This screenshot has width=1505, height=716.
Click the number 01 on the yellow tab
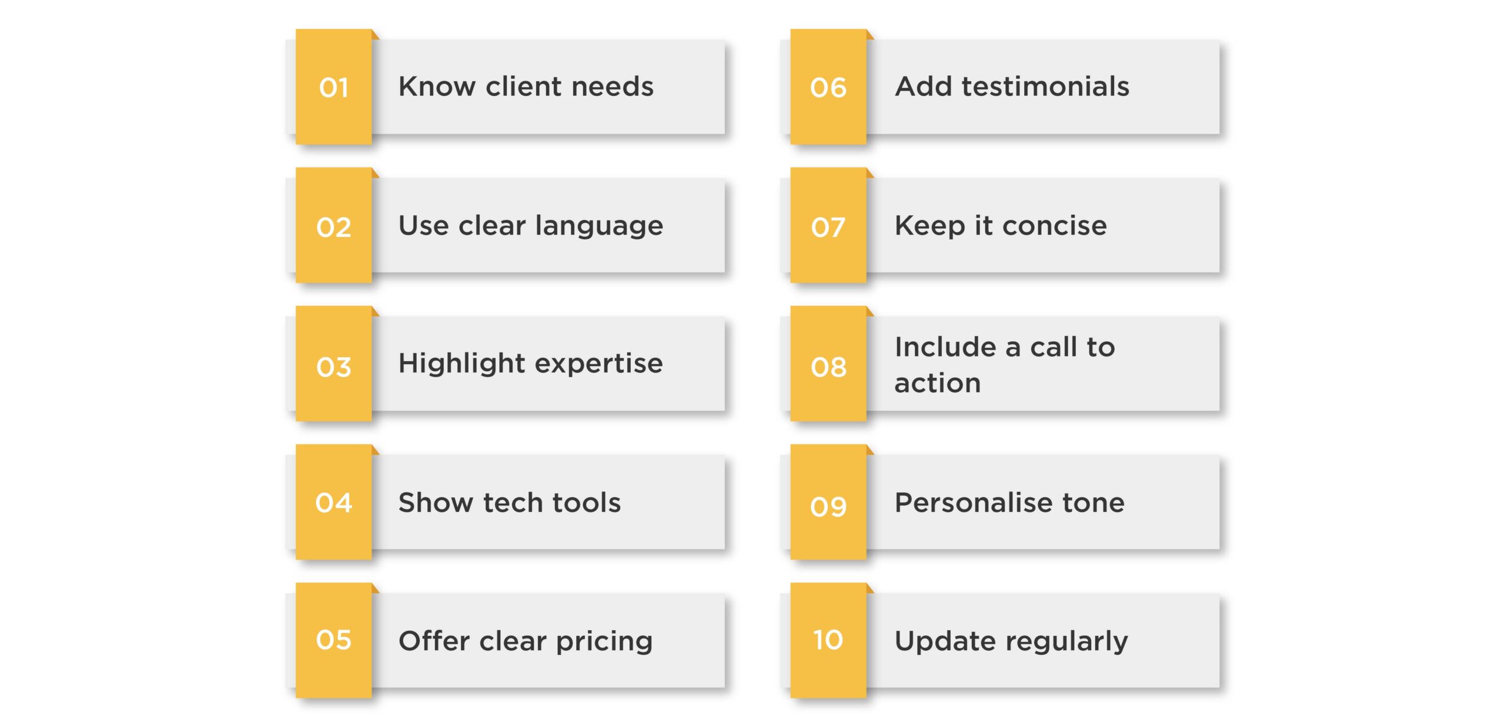tap(334, 88)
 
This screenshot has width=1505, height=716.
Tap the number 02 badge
tap(334, 227)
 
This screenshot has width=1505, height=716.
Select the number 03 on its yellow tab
tap(334, 367)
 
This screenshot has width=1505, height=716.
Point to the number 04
tap(334, 502)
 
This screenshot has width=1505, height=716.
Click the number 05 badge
tap(334, 640)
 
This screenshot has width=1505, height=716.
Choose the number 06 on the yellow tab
tap(828, 88)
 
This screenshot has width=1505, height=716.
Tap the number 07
tap(828, 227)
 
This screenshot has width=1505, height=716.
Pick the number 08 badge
tap(828, 367)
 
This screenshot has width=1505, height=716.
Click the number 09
tap(828, 506)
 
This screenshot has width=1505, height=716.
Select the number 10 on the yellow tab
tap(828, 640)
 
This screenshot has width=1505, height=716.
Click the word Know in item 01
tap(437, 86)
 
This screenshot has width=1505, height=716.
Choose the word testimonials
tap(1045, 86)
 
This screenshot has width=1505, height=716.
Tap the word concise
tap(1055, 226)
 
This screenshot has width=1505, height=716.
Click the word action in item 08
tap(938, 384)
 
